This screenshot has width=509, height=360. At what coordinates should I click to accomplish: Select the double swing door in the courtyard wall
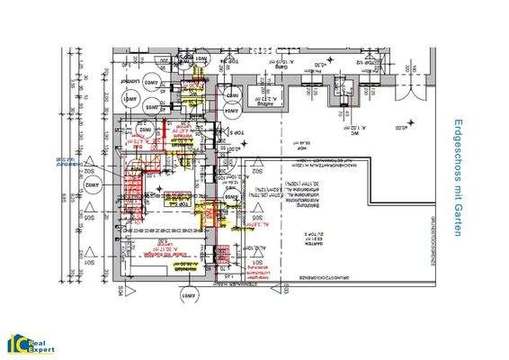point(415,85)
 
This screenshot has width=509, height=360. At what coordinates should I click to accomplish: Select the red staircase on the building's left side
point(132,190)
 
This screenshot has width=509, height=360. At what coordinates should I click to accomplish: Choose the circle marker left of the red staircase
point(90,184)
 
